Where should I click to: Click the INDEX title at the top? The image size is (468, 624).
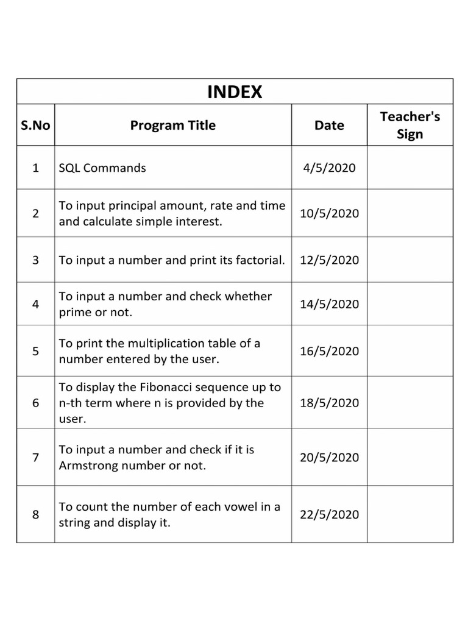(x=235, y=91)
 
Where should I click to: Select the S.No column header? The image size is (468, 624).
(x=35, y=126)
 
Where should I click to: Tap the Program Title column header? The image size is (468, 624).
(x=173, y=126)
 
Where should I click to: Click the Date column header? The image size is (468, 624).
(x=329, y=126)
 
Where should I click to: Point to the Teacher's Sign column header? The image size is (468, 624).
(x=409, y=125)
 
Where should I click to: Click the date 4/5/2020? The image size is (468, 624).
(x=329, y=168)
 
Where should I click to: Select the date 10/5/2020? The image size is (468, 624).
(x=329, y=213)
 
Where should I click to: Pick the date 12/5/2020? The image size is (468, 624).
(x=329, y=260)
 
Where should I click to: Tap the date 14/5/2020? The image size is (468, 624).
(x=329, y=304)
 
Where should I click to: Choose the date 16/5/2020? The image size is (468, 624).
(x=329, y=351)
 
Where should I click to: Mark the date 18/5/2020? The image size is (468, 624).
(x=329, y=403)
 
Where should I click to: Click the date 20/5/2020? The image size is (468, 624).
(x=329, y=458)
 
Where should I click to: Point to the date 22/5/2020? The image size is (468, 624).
(x=329, y=514)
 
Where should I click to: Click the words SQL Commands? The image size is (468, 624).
(x=102, y=168)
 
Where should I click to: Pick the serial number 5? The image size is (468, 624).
(x=35, y=351)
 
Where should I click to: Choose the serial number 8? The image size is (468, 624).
(x=35, y=514)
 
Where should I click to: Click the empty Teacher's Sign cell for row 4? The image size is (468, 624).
(x=409, y=304)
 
